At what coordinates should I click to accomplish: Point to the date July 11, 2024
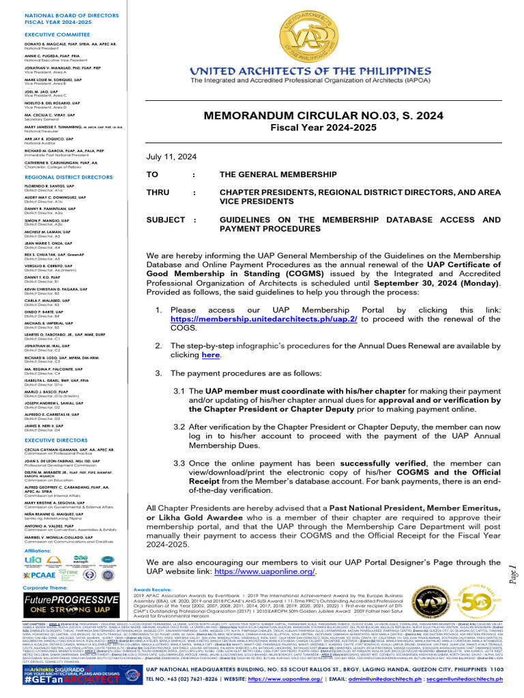point(171,156)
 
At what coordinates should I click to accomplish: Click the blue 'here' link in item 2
point(211,355)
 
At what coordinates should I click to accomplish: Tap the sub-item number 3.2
point(179,426)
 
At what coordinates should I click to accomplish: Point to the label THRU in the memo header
point(158,193)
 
